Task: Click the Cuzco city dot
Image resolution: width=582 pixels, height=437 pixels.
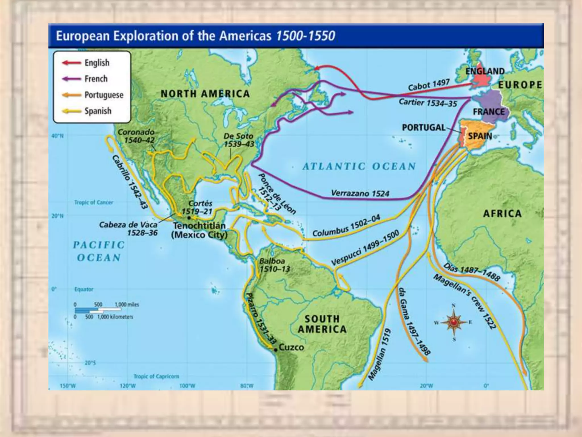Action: [275, 350]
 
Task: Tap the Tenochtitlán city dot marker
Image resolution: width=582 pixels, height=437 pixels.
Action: [189, 218]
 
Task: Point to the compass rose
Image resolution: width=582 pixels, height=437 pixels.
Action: [454, 322]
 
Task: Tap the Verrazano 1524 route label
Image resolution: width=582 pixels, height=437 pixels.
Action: [360, 194]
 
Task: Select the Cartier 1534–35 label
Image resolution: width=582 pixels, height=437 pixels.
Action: [427, 102]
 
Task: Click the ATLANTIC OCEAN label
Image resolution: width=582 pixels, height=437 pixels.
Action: [359, 166]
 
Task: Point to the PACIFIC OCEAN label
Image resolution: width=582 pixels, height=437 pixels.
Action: [99, 251]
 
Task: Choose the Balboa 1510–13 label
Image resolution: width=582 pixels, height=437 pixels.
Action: [274, 265]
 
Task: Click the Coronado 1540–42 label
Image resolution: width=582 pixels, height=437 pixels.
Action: [137, 136]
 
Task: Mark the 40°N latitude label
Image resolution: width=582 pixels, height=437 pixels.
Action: [57, 136]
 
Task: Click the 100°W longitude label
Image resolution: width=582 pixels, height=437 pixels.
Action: [187, 386]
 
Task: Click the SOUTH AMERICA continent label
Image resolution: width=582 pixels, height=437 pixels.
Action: [322, 324]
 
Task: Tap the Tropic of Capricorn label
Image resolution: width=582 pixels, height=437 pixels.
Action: [156, 376]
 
